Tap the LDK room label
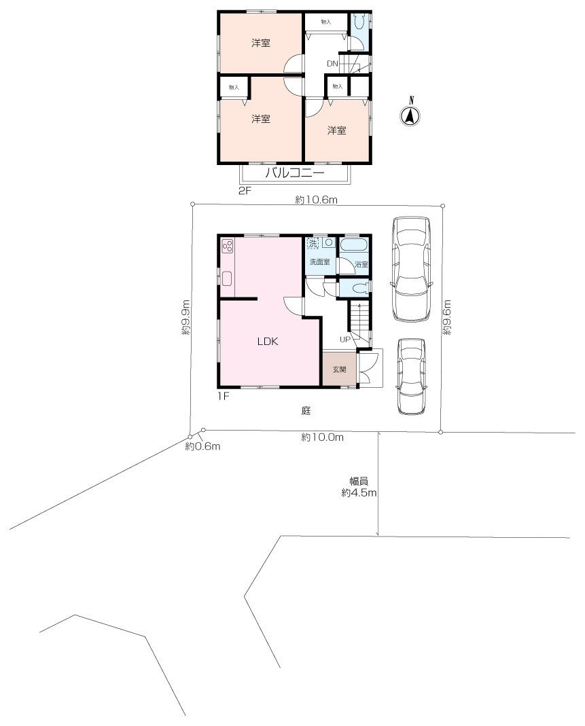268,342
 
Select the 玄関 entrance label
340,369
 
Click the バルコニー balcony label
295,173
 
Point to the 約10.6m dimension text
317,200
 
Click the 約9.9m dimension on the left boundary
185,318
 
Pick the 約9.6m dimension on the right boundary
446,318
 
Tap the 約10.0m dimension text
322,437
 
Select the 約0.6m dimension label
202,446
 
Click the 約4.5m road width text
359,492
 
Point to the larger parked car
411,268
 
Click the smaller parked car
411,376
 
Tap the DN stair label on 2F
332,64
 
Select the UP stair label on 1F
345,340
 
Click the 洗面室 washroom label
319,262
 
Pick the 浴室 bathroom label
361,265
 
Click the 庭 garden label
306,410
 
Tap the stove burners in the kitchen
228,246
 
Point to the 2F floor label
245,190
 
